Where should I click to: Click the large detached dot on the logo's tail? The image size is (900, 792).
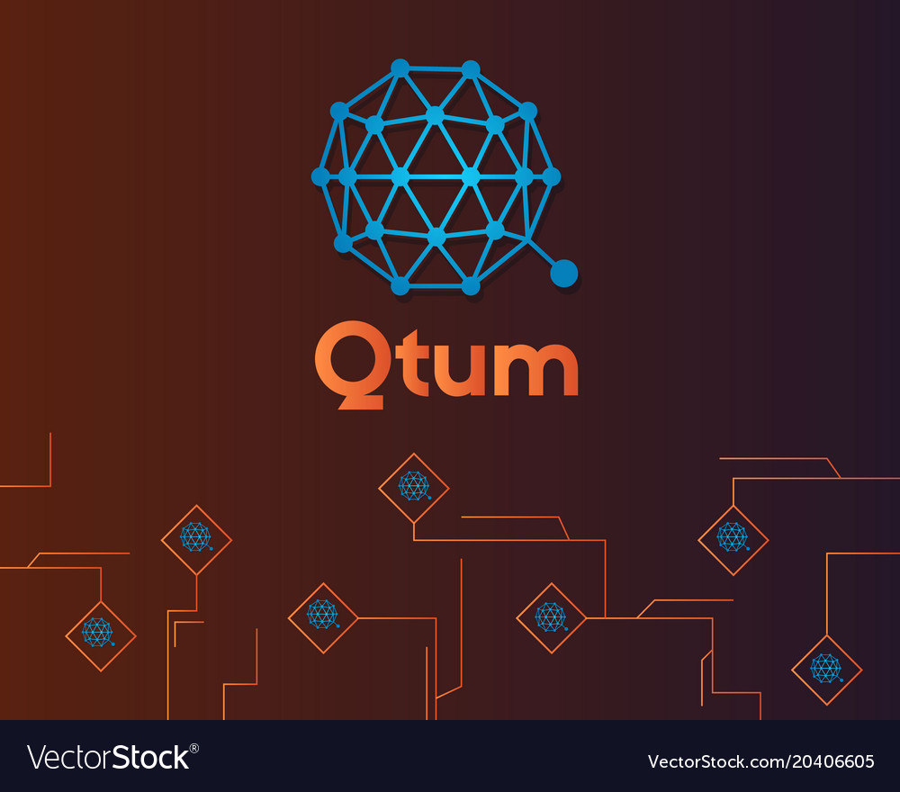click(563, 273)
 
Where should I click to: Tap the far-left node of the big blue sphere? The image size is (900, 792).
click(320, 176)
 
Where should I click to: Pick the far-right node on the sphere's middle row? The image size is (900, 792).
click(552, 176)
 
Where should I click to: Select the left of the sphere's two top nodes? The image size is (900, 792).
click(400, 67)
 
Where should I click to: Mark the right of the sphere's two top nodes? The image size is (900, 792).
click(471, 69)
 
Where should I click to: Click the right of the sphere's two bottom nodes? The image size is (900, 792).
click(471, 286)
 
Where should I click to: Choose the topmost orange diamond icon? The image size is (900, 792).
click(414, 487)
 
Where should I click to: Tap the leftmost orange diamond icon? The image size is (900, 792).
click(101, 635)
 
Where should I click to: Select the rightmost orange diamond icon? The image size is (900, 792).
click(826, 669)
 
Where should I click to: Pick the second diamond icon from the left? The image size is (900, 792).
click(196, 539)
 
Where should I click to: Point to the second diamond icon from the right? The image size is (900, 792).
click(733, 539)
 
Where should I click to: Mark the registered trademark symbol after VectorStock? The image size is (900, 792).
click(194, 748)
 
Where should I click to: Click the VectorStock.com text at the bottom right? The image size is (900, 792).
click(715, 761)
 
